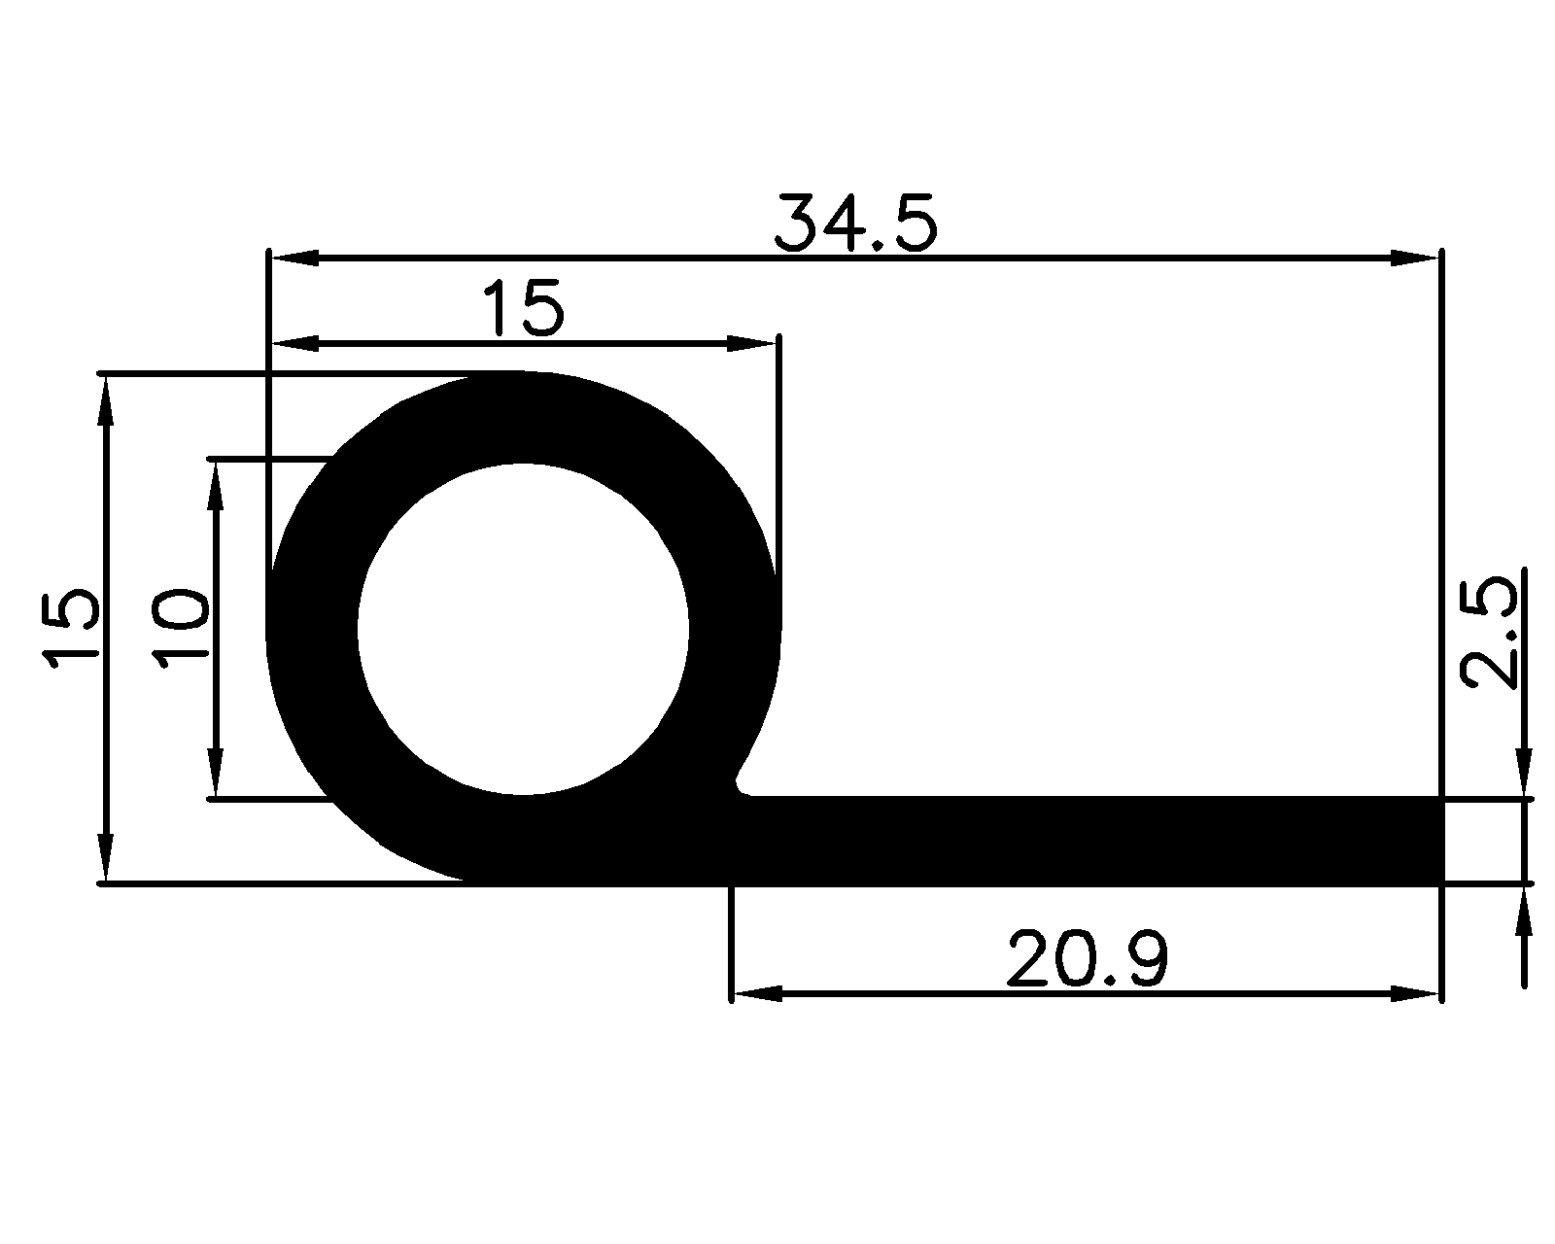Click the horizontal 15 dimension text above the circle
point(523,309)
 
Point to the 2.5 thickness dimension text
point(1491,634)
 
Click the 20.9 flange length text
point(1087,959)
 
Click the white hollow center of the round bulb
point(523,629)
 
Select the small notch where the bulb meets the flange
point(741,783)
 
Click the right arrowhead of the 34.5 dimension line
point(1414,259)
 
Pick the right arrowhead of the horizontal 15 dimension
point(752,344)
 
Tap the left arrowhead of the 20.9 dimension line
point(756,993)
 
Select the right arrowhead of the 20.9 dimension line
point(1414,993)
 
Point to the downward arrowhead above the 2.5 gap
point(1524,773)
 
